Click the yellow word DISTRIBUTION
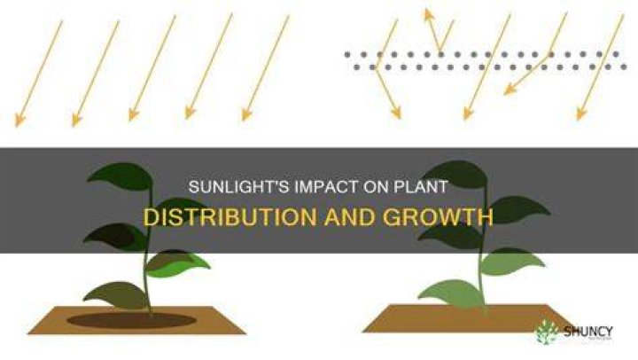click(x=230, y=217)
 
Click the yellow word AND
click(x=350, y=217)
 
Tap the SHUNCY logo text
click(x=588, y=332)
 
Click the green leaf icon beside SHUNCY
click(x=548, y=332)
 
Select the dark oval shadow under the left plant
click(x=131, y=320)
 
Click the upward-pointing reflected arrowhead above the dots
click(x=427, y=15)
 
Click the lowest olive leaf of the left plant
click(x=115, y=295)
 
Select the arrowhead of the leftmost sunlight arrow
click(x=19, y=120)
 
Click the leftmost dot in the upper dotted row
click(x=347, y=54)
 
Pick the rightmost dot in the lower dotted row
click(x=624, y=67)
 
